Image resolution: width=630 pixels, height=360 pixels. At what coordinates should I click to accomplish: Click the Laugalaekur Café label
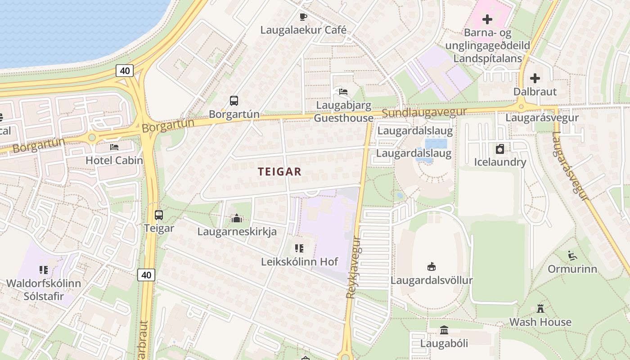coord(304,30)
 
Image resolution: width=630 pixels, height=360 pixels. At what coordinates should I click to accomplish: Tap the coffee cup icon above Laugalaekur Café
coord(303,17)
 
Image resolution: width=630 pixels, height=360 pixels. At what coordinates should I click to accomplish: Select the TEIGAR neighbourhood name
coord(279,171)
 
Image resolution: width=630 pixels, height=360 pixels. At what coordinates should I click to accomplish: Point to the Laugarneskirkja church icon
coord(237,219)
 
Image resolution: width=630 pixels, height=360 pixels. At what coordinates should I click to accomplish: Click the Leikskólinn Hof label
coord(299,261)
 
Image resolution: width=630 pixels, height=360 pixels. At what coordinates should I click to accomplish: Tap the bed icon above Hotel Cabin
coord(114,147)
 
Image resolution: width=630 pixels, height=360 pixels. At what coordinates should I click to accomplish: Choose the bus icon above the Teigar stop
coord(159,215)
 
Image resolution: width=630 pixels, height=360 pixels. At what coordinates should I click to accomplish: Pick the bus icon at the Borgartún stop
coord(234,101)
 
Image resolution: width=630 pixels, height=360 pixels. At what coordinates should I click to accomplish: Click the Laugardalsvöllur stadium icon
coord(432,267)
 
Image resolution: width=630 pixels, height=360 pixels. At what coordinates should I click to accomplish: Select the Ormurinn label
coord(572,269)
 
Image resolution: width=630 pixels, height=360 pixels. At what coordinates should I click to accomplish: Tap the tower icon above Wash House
coord(540,309)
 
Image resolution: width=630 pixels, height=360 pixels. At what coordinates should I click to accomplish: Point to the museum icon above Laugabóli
coord(444,330)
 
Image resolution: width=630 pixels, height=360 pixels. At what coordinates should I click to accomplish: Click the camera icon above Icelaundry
coord(500,149)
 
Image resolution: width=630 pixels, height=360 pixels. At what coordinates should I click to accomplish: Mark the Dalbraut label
coord(535,92)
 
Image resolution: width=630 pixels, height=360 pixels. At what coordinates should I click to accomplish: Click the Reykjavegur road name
coord(354,267)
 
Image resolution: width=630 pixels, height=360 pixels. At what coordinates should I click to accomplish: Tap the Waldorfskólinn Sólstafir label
coord(44,290)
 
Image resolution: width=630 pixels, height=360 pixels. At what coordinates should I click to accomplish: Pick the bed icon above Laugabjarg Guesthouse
coord(343,92)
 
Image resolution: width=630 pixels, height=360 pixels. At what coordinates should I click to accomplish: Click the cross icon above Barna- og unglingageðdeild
coord(487,20)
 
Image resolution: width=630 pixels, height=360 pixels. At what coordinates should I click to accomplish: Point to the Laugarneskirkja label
coord(237,232)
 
